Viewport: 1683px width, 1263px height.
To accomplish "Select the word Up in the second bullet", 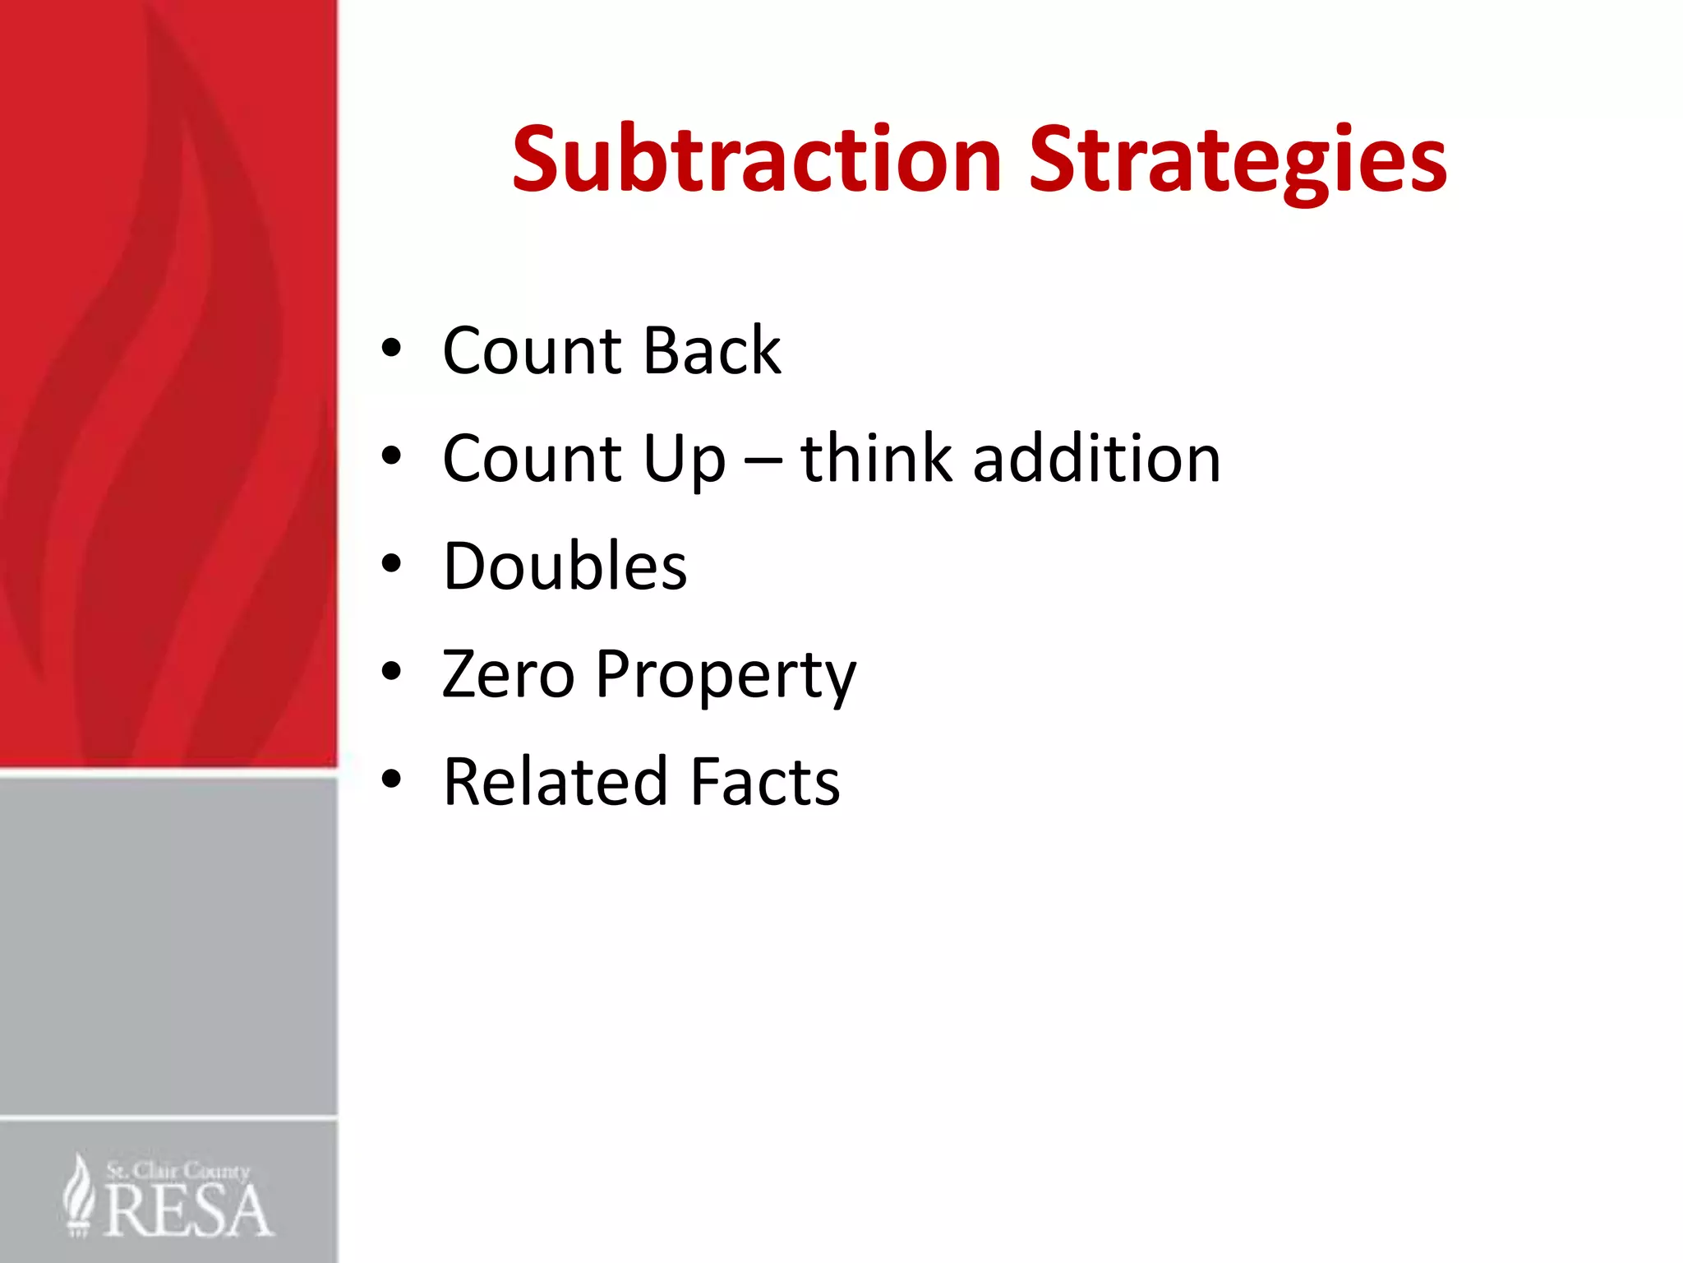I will [x=685, y=459].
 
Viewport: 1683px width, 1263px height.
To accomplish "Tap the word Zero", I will [x=508, y=673].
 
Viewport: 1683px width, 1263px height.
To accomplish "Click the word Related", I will [x=555, y=781].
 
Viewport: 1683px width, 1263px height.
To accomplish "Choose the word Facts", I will [x=765, y=781].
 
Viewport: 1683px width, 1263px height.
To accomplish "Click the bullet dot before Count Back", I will [x=391, y=348].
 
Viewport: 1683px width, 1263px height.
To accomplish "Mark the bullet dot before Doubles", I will [x=391, y=564].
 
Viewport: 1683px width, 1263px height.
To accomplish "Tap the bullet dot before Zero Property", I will [x=391, y=672].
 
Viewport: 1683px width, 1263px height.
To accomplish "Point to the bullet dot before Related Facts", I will [x=391, y=779].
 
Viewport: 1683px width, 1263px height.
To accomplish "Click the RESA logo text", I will [x=187, y=1210].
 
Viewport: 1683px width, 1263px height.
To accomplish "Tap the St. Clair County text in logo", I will [x=178, y=1170].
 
